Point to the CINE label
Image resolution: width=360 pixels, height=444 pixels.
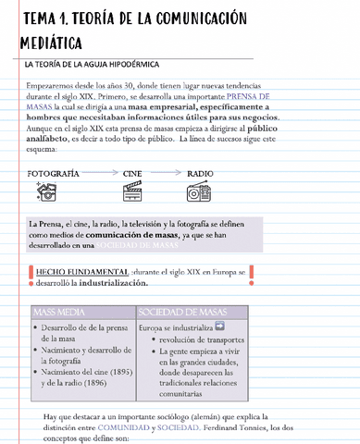point(132,173)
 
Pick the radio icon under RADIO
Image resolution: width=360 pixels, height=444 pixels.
point(197,192)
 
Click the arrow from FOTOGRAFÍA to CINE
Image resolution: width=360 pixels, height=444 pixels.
point(101,173)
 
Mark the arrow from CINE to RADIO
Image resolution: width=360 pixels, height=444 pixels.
point(166,173)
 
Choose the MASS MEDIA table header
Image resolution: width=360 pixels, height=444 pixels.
point(59,311)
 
